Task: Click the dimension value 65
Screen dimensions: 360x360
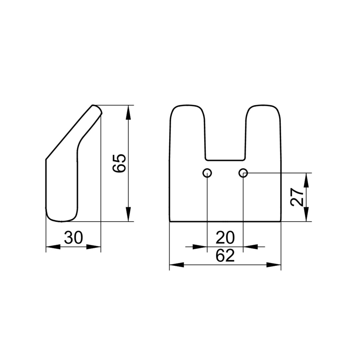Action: [119, 163]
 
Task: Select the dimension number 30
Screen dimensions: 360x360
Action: [73, 238]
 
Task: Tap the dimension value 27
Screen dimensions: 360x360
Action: [297, 197]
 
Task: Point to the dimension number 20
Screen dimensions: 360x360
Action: [225, 238]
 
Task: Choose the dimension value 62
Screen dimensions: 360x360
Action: [225, 255]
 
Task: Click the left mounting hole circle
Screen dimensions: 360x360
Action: [207, 173]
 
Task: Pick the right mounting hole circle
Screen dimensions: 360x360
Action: [243, 173]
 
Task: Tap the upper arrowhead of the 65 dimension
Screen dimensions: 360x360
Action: [128, 112]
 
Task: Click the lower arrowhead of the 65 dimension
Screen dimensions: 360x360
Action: [128, 214]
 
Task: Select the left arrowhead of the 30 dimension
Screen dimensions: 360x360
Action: [53, 247]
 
